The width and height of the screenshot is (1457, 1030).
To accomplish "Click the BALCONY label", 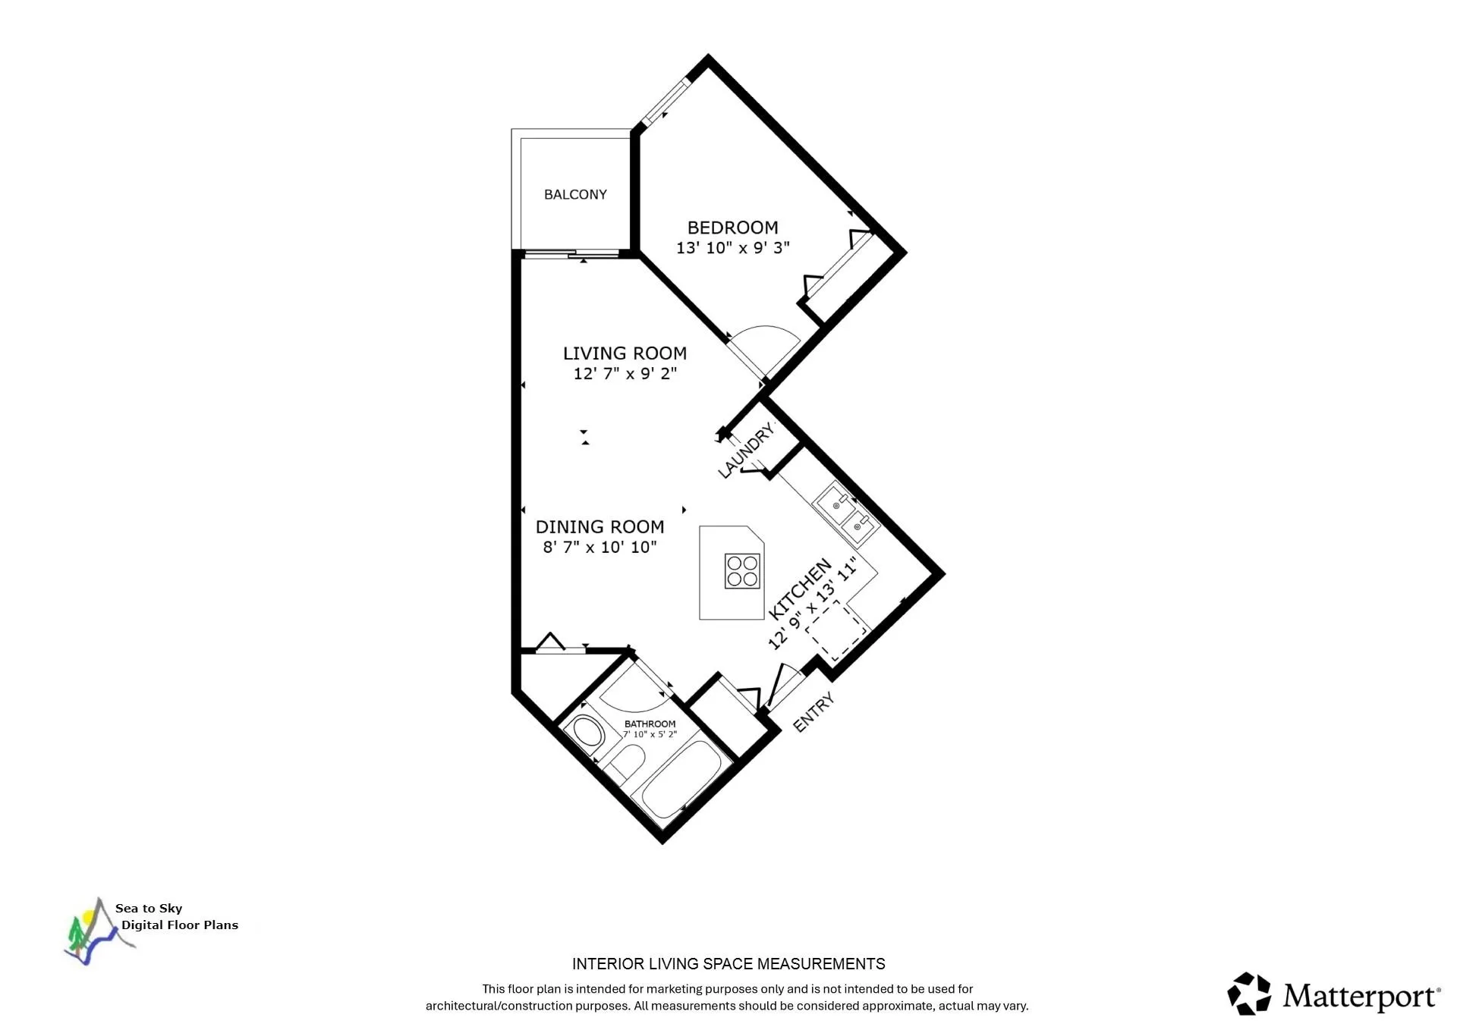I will tap(575, 194).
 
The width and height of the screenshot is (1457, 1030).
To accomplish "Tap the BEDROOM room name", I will tap(732, 228).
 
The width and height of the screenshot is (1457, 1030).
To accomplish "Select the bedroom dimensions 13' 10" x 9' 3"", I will tap(732, 248).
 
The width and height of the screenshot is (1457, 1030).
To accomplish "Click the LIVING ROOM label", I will tap(625, 353).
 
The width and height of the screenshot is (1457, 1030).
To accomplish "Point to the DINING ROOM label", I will tap(599, 527).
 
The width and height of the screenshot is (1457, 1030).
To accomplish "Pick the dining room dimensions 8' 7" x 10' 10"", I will tap(599, 548).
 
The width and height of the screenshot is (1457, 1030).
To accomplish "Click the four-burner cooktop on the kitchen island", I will tap(742, 571).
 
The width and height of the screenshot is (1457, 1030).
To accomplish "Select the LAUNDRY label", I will tap(746, 451).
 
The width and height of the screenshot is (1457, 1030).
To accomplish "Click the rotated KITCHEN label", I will tap(799, 589).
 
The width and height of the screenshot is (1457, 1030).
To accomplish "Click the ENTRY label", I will tap(813, 712).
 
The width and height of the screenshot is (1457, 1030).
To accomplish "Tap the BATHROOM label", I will tap(650, 724).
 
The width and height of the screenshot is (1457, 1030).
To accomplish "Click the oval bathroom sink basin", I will tap(587, 733).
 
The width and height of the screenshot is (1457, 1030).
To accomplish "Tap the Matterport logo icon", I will tap(1249, 994).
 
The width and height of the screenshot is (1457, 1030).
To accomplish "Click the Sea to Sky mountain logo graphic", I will tap(95, 933).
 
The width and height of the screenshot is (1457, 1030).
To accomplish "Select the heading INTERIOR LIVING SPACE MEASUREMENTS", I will tap(728, 964).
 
